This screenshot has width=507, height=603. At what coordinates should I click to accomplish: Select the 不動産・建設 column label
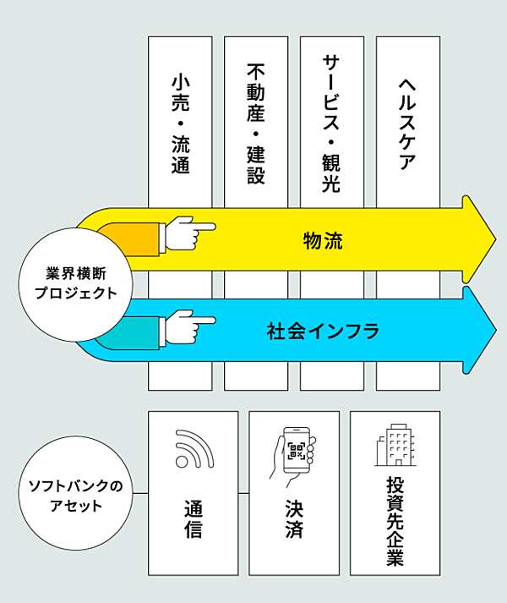[x=256, y=123]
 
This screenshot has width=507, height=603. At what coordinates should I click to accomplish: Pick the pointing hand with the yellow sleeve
[x=188, y=233]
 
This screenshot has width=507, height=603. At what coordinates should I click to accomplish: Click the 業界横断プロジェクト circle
[x=76, y=283]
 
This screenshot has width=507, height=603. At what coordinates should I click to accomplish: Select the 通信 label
[x=193, y=522]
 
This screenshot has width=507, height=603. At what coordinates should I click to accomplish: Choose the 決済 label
[x=294, y=522]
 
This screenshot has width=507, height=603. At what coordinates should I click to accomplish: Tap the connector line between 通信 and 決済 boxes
[x=243, y=493]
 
